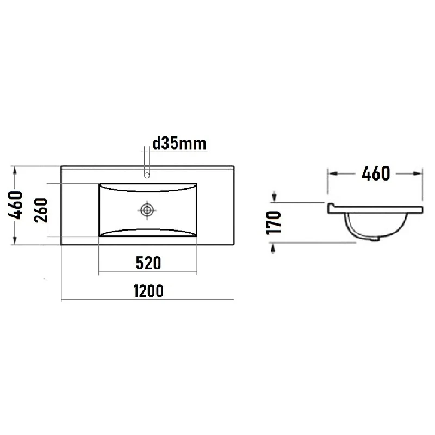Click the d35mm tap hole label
(x=179, y=144)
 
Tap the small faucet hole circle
(x=147, y=175)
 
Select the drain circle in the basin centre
(x=147, y=210)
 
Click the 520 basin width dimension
(x=148, y=263)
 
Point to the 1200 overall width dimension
(x=148, y=291)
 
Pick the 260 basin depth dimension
(x=41, y=210)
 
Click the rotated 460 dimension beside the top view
(x=15, y=205)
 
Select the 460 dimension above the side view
(x=376, y=173)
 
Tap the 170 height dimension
(x=274, y=223)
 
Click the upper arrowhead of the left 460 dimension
(x=15, y=171)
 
